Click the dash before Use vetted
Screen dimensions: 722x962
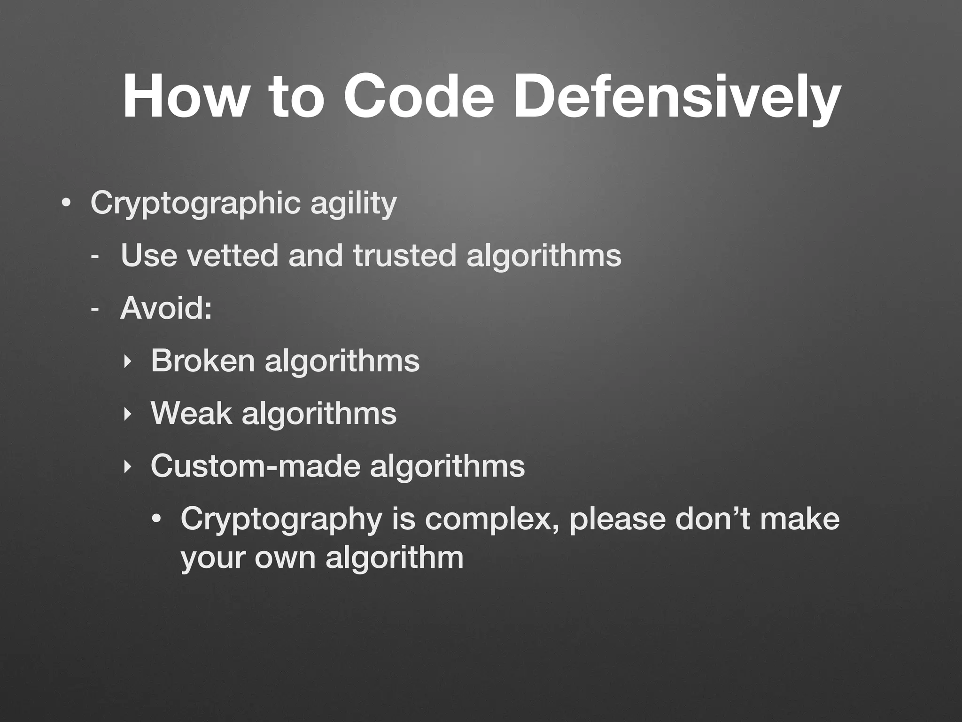point(95,257)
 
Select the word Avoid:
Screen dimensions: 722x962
point(166,308)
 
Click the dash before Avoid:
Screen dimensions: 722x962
point(95,310)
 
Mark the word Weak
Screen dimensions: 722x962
point(191,414)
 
